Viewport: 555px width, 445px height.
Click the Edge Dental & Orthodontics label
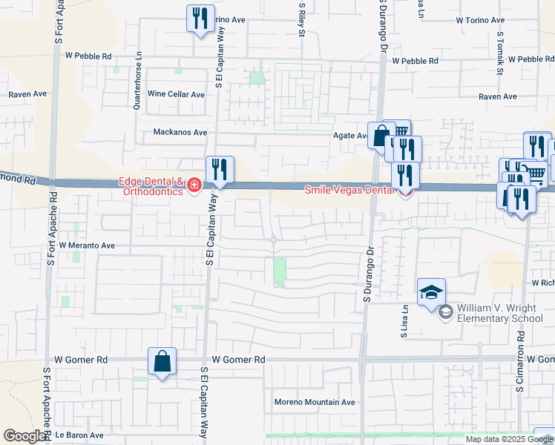coord(151,186)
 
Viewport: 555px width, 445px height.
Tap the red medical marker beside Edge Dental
coord(194,184)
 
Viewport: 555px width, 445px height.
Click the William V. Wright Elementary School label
coord(499,314)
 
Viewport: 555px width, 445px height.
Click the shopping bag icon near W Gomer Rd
coord(162,362)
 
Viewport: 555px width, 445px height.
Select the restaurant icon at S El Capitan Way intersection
coord(219,169)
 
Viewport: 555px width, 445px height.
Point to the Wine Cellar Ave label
coord(176,94)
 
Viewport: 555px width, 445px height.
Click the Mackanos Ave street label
coord(180,132)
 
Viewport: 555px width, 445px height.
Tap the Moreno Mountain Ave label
coord(315,402)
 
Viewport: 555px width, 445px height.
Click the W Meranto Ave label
coord(87,245)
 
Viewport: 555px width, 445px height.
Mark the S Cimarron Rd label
coord(521,361)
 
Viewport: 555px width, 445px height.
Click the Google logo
coord(24,436)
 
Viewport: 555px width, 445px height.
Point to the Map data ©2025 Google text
coord(508,439)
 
